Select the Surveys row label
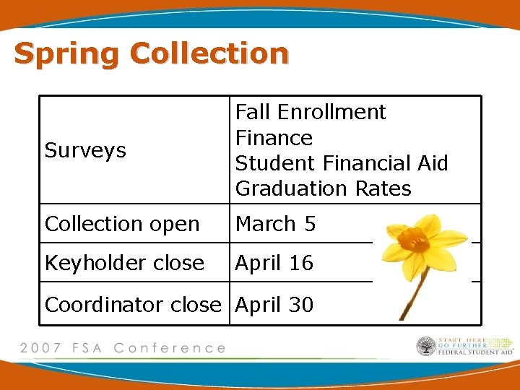(85, 150)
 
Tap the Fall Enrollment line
(311, 112)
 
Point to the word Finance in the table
(274, 137)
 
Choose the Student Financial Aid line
(342, 162)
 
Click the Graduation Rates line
(323, 188)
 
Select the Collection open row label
(122, 224)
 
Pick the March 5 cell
(275, 224)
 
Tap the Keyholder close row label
(124, 263)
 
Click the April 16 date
(274, 263)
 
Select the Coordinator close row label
(133, 305)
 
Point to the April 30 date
(274, 305)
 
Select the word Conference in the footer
(170, 348)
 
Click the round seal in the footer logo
(426, 347)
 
